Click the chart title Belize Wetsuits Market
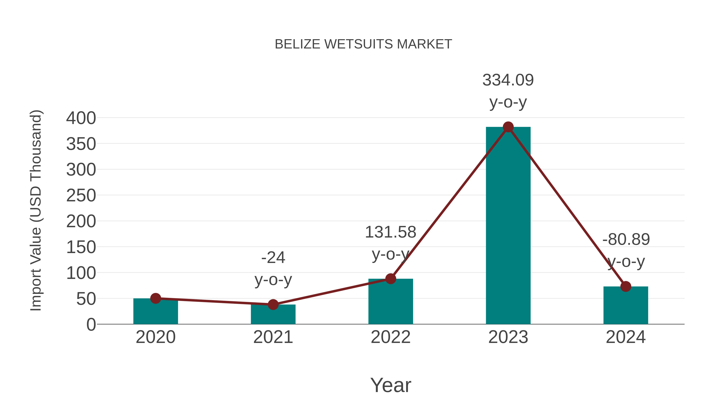click(363, 44)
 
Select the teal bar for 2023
click(508, 226)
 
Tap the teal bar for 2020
click(155, 312)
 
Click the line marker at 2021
click(273, 305)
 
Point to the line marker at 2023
click(508, 127)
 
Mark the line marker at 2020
click(155, 298)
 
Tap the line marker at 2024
click(626, 286)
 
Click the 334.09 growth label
click(508, 80)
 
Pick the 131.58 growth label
click(391, 232)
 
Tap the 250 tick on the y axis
click(81, 196)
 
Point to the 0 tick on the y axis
click(91, 325)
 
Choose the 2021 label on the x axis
click(273, 337)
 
